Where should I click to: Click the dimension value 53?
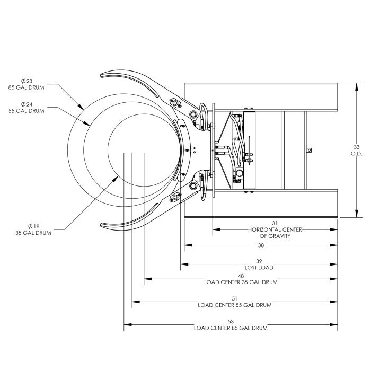coord(230,321)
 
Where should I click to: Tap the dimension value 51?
coord(234,298)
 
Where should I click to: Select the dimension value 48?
coord(241,276)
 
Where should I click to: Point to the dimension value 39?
coord(258,261)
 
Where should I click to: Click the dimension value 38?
coord(261,245)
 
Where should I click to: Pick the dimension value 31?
coord(273,223)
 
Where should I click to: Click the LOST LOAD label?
coord(258,268)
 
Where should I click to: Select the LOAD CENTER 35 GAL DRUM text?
coord(241,282)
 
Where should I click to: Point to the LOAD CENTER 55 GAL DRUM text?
coord(234,305)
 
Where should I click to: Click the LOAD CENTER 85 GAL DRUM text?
coord(230,328)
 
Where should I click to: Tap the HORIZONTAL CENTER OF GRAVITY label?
coord(273,233)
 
